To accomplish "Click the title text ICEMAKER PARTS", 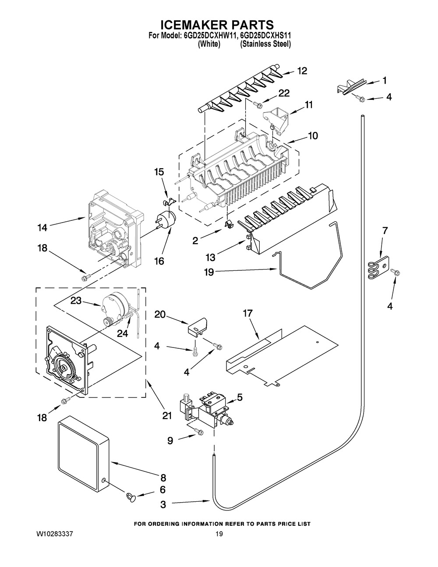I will click(x=219, y=25).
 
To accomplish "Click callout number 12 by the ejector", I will click(x=302, y=71).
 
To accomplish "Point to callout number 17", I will click(x=248, y=314).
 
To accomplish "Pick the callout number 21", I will click(x=167, y=415).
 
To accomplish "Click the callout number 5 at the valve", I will click(x=240, y=397).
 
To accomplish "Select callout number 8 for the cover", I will click(x=163, y=477).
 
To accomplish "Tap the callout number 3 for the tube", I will click(x=163, y=505).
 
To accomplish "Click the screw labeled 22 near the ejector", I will click(x=259, y=104).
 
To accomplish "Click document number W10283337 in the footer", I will click(x=55, y=535).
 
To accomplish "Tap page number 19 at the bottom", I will click(x=219, y=535).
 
